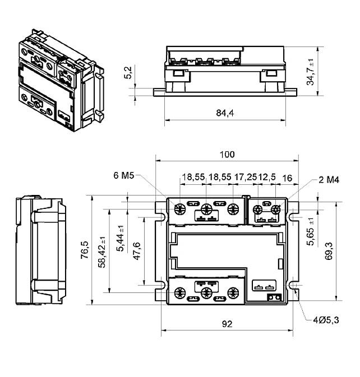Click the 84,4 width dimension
[224, 114]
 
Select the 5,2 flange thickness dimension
[128, 73]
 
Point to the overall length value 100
[227, 154]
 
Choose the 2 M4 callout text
[329, 180]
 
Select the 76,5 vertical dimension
[84, 250]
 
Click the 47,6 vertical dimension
[137, 250]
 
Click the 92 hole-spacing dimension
[227, 324]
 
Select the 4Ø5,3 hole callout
[325, 320]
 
